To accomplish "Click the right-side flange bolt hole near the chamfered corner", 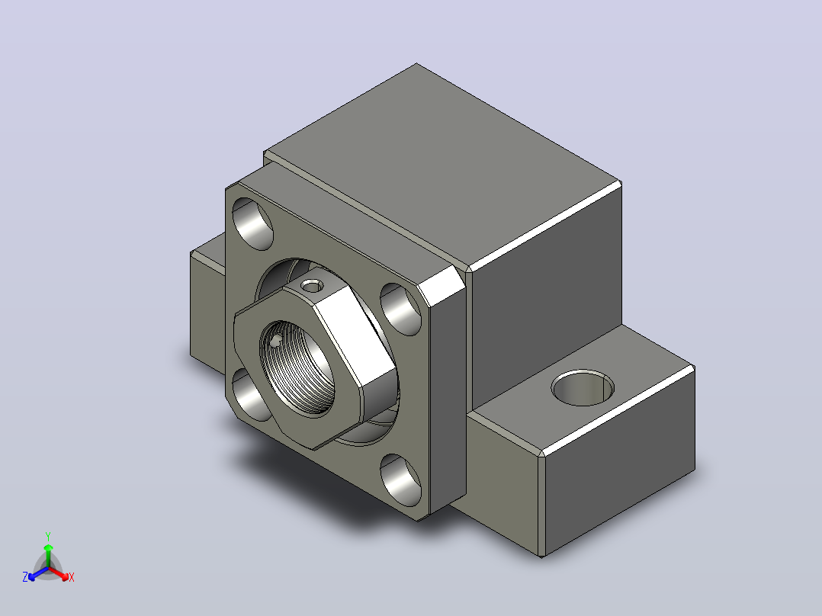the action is point(400,310).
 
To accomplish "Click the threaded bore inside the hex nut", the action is point(297,368).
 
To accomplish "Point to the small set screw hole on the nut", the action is point(313,286).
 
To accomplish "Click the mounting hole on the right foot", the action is point(583,389).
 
